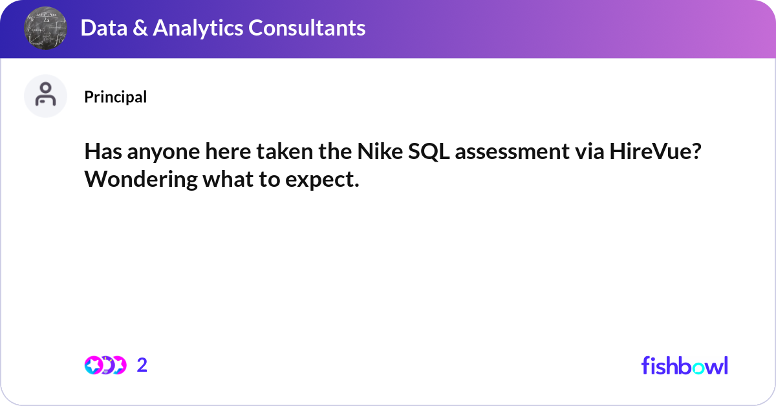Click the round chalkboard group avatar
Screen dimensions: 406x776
(46, 28)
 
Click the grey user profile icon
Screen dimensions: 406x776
(45, 96)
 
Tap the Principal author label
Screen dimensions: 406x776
(115, 97)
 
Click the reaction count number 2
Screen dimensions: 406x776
(142, 365)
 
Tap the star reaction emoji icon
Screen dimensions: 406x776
(93, 365)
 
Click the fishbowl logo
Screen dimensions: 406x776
(684, 365)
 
